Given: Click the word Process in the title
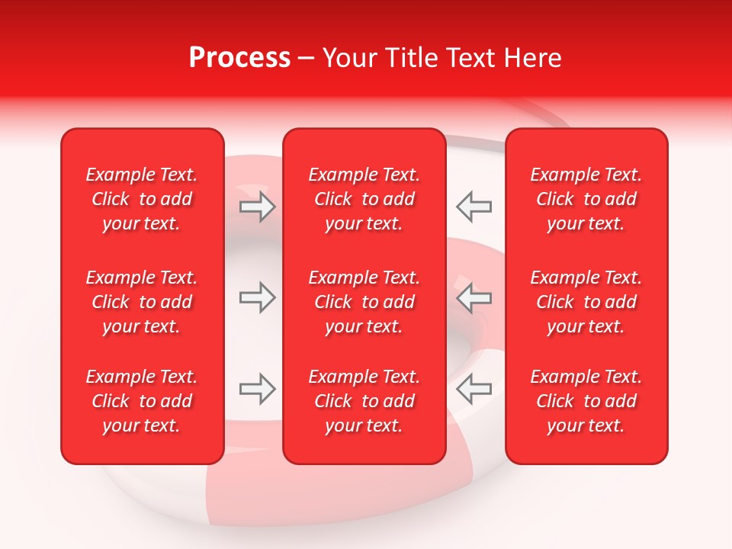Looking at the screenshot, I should (x=239, y=58).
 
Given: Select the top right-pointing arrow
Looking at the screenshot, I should (x=258, y=207).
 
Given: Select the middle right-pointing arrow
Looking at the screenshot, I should (x=258, y=297).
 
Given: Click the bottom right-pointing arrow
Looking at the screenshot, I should (x=258, y=389).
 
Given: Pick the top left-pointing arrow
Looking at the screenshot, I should (x=474, y=207).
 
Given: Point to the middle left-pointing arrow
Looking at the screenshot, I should (x=474, y=297).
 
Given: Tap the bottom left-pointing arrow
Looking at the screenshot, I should (x=474, y=389).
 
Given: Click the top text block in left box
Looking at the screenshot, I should (x=142, y=199).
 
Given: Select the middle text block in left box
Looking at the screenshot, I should (x=142, y=302).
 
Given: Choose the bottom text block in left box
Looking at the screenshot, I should (x=142, y=401).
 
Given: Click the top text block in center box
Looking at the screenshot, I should (x=364, y=199).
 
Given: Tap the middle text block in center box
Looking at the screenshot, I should (x=364, y=302).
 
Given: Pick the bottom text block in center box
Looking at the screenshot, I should (x=364, y=401).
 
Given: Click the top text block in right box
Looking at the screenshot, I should (x=586, y=199).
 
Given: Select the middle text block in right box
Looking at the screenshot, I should (x=586, y=302).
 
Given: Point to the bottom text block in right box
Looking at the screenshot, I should (x=586, y=401).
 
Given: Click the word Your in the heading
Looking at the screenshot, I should (x=349, y=58).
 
